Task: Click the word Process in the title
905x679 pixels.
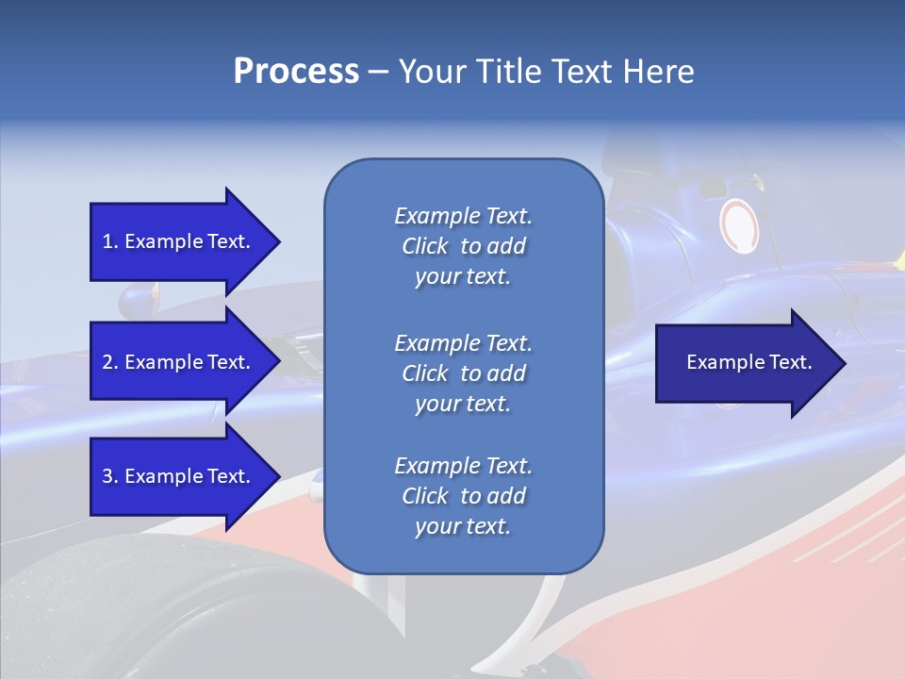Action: pyautogui.click(x=296, y=72)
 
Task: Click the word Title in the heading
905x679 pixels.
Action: pyautogui.click(x=507, y=72)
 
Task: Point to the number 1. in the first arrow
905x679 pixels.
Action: pyautogui.click(x=110, y=241)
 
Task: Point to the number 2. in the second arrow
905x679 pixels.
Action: pyautogui.click(x=110, y=362)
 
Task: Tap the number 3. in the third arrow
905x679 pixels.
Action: pyautogui.click(x=110, y=476)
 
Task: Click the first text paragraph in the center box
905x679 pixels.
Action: pyautogui.click(x=463, y=246)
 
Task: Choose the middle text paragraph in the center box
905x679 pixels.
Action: pyautogui.click(x=463, y=373)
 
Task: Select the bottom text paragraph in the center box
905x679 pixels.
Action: pyautogui.click(x=463, y=496)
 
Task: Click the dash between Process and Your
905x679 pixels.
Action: pyautogui.click(x=379, y=72)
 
